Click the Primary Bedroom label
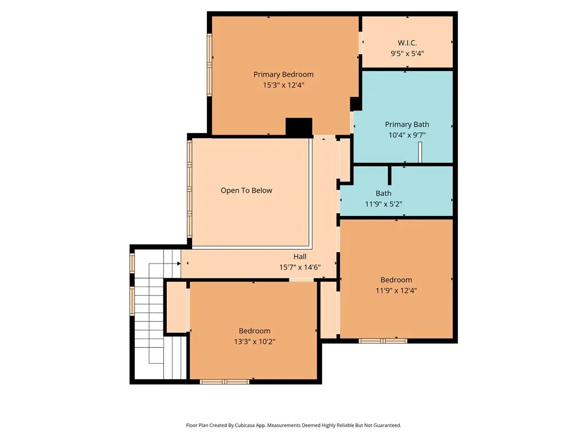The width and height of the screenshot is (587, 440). pyautogui.click(x=283, y=74)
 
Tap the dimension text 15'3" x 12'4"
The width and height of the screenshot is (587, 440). pyautogui.click(x=283, y=85)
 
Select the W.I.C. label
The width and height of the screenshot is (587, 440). pyautogui.click(x=407, y=43)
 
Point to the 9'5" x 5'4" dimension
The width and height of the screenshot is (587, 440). pyautogui.click(x=407, y=53)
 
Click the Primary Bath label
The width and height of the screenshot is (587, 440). pyautogui.click(x=406, y=124)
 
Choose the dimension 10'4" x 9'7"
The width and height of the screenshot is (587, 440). pyautogui.click(x=406, y=135)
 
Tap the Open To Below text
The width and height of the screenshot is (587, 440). pyautogui.click(x=246, y=191)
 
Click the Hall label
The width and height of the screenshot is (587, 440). pyautogui.click(x=300, y=257)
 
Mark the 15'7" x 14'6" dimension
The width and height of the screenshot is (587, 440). pyautogui.click(x=300, y=267)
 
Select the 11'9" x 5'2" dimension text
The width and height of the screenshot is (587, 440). pyautogui.click(x=383, y=204)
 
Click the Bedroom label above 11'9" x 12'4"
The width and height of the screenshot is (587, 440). pyautogui.click(x=396, y=280)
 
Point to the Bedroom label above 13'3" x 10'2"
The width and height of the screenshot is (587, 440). pyautogui.click(x=255, y=331)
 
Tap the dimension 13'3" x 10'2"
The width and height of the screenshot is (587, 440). pyautogui.click(x=255, y=341)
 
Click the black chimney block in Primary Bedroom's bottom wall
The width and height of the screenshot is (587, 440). pyautogui.click(x=299, y=127)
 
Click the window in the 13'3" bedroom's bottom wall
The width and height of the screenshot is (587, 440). pyautogui.click(x=224, y=382)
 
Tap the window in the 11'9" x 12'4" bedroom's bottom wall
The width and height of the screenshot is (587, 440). pyautogui.click(x=383, y=341)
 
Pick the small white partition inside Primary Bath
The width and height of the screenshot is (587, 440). pyautogui.click(x=420, y=152)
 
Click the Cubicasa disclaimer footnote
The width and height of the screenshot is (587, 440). pyautogui.click(x=293, y=425)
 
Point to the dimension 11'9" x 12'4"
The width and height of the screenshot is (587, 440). pyautogui.click(x=396, y=290)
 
